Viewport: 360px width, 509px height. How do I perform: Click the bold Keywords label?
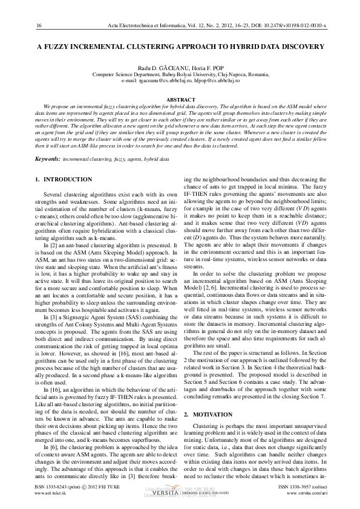click(47, 158)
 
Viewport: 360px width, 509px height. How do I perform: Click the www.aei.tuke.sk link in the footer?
click(52, 493)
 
